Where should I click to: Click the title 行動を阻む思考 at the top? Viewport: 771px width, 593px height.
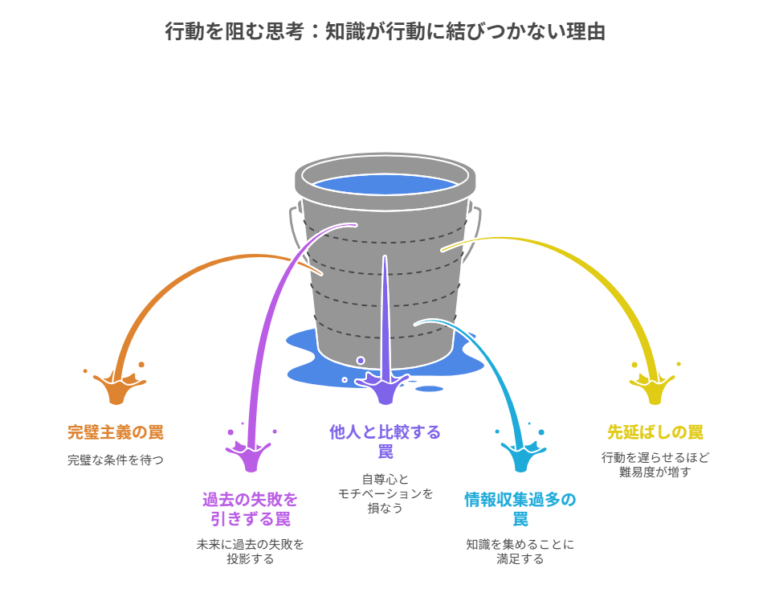(385, 31)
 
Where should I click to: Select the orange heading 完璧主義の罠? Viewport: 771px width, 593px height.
(116, 432)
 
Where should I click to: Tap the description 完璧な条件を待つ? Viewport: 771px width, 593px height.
(116, 460)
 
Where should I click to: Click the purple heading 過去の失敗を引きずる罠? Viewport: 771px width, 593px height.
(250, 509)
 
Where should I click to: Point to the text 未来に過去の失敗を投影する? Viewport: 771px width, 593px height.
(250, 551)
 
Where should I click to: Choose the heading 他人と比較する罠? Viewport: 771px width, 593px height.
(385, 441)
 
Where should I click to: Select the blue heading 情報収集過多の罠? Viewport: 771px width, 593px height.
(520, 509)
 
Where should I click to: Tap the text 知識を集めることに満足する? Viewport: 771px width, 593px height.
(520, 551)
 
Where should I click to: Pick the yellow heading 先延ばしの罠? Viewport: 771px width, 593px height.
(655, 432)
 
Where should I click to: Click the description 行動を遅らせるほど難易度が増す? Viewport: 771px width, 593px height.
(655, 464)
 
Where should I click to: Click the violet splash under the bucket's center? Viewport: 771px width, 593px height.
(385, 387)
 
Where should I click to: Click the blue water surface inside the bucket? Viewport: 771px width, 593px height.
(385, 184)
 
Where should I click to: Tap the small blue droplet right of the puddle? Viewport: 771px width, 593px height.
(430, 389)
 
